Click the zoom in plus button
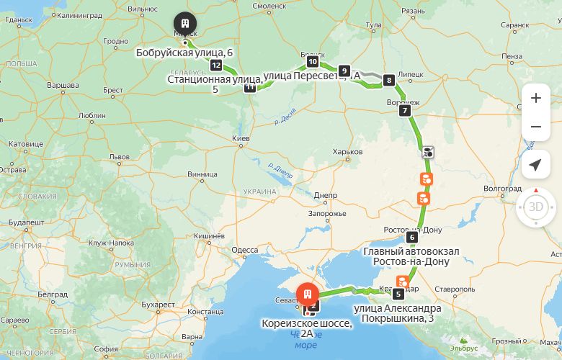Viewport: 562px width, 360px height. click(535, 98)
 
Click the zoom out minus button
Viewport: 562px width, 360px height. click(535, 127)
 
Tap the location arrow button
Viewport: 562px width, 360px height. click(535, 165)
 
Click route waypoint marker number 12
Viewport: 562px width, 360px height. click(215, 66)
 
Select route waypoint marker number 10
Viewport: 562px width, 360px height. click(312, 62)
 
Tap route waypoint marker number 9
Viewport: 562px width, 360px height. click(344, 71)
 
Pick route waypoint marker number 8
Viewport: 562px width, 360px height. click(389, 80)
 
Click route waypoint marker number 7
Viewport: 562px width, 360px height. click(405, 111)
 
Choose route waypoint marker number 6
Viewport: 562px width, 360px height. click(412, 237)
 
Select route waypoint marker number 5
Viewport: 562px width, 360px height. click(398, 294)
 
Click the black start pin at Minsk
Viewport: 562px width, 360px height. click(185, 24)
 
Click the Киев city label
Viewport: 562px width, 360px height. click(240, 138)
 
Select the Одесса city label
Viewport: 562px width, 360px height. click(245, 250)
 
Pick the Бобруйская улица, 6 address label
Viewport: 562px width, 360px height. click(184, 53)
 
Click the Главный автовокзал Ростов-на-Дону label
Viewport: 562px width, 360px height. click(411, 256)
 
